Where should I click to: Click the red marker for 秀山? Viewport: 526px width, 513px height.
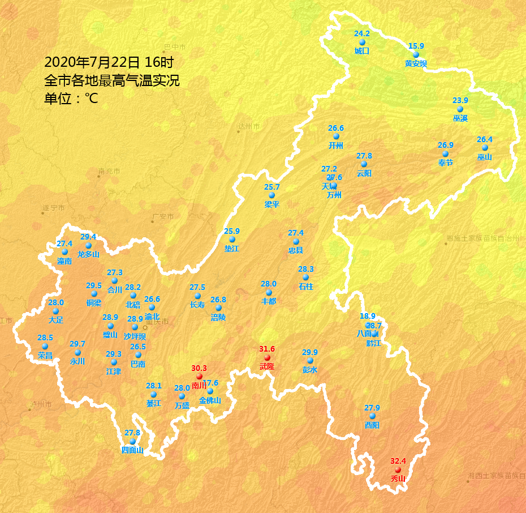[x=398, y=470]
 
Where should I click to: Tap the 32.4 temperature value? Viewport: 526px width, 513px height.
[x=398, y=461]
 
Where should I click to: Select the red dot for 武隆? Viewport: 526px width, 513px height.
[x=267, y=358]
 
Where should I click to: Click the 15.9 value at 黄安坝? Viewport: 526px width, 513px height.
[x=416, y=46]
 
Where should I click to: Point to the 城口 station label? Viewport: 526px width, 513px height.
[x=362, y=51]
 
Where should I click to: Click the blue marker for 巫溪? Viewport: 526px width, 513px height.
[x=460, y=109]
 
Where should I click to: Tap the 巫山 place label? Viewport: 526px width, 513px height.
[x=485, y=157]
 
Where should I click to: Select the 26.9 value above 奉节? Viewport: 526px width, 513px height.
[x=445, y=145]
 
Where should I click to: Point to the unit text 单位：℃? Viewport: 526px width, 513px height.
[x=71, y=99]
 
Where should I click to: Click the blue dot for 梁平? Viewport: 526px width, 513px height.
[x=271, y=195]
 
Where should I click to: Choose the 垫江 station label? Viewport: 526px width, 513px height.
[x=232, y=249]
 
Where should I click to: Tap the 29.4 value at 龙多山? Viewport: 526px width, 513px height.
[x=88, y=237]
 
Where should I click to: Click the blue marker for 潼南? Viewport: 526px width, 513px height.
[x=64, y=252]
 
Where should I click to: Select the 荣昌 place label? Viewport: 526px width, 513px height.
[x=45, y=356]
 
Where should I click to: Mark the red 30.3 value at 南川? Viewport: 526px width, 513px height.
[x=199, y=367]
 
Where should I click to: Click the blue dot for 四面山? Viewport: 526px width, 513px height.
[x=132, y=442]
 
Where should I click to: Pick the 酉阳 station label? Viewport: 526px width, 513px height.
[x=372, y=425]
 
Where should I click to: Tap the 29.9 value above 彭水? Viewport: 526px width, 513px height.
[x=310, y=352]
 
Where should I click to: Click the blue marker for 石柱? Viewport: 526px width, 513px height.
[x=305, y=277]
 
